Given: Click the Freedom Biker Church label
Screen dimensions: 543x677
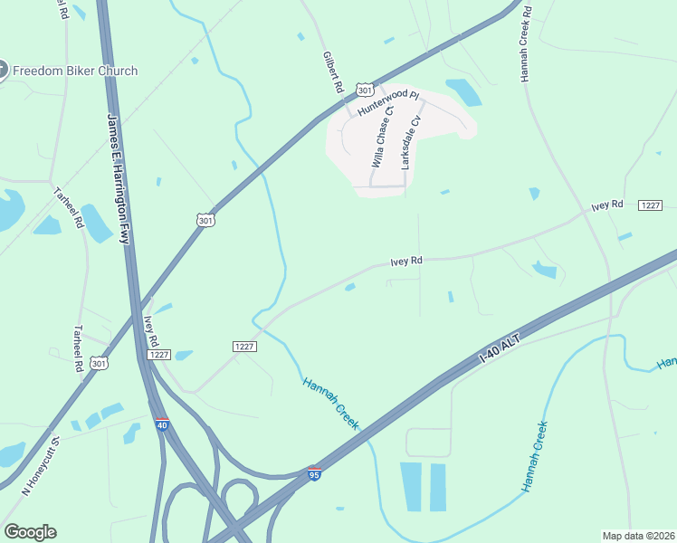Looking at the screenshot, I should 76,71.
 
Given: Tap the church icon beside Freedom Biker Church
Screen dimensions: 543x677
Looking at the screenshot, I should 3,71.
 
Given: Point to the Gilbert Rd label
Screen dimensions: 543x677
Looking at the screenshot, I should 333,72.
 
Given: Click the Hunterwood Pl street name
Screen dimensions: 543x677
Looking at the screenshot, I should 389,101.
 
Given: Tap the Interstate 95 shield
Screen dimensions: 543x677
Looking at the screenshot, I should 313,473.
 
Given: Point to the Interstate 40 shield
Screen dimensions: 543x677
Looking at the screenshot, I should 161,424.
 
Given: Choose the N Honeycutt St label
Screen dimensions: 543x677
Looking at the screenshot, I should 41,465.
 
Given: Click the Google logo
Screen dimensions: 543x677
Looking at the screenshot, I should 30,532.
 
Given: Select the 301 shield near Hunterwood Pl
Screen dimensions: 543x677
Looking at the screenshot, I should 364,90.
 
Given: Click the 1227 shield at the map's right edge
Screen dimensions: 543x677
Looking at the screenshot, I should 651,206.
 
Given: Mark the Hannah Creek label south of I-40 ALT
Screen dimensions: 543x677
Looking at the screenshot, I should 535,456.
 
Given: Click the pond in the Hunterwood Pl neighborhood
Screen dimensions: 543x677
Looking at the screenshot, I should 463,91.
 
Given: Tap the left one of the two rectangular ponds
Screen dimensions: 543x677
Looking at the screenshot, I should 411,487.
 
